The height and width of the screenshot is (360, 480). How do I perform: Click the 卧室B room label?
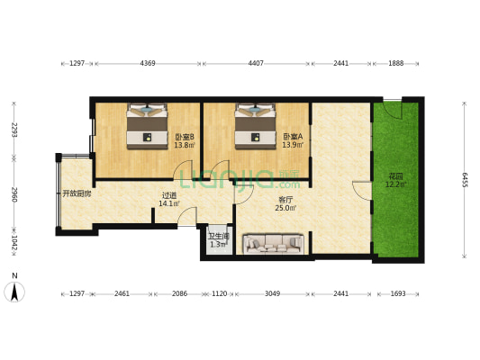coord(185,137)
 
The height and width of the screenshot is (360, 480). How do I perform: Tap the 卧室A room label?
coord(293,137)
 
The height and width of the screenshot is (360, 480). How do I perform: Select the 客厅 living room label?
coord(285,200)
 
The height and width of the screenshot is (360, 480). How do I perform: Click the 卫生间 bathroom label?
coord(219,237)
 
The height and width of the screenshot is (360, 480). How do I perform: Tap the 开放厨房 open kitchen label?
coord(77,193)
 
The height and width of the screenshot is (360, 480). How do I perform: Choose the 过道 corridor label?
coord(169,194)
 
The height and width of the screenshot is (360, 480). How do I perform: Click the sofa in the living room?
coord(273,244)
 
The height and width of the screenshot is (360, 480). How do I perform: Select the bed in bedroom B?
coord(148,126)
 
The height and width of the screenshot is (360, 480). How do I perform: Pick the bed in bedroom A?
coord(255,126)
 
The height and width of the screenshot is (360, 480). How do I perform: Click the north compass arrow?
coord(14,292)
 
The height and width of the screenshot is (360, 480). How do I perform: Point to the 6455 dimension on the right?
coord(465,180)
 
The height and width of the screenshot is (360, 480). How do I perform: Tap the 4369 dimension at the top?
coord(148,63)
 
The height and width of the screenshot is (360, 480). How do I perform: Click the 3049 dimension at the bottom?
coord(273,293)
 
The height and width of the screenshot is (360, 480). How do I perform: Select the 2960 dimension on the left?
coord(14,194)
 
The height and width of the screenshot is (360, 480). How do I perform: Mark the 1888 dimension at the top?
coord(396,63)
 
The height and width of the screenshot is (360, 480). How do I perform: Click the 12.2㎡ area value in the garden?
coord(396,184)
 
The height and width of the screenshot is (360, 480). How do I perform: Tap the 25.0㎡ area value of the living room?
coord(285,208)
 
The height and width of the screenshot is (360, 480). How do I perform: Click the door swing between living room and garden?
coord(362,191)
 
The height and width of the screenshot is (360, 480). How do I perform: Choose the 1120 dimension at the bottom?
coord(220,293)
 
